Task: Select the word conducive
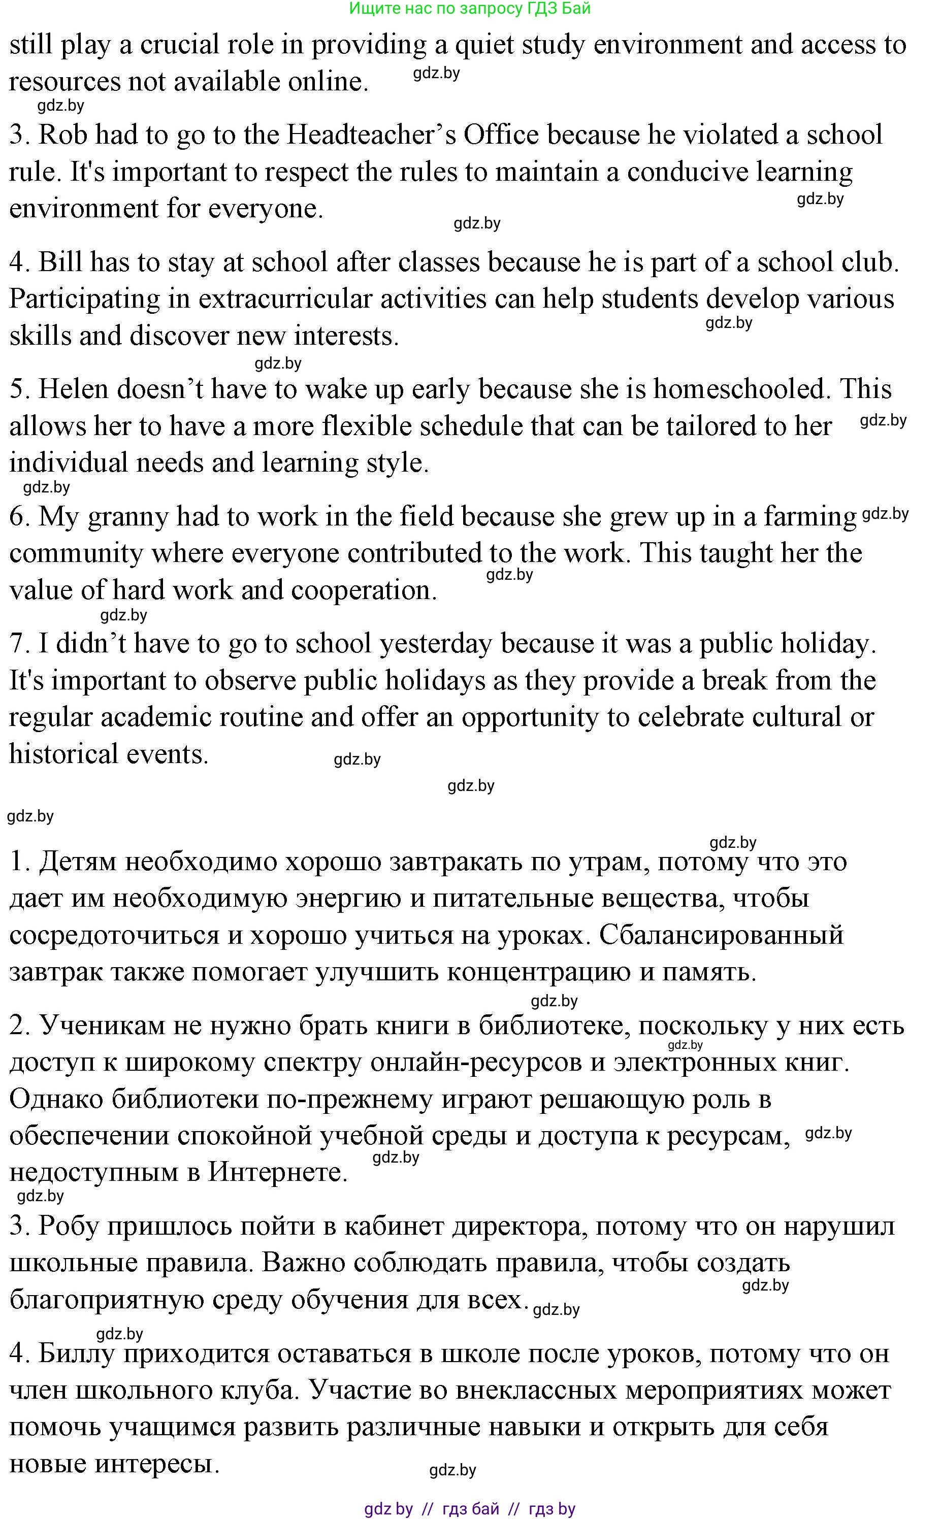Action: point(687,172)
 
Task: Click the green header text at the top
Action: point(470,8)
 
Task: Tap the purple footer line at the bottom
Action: point(470,1508)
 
